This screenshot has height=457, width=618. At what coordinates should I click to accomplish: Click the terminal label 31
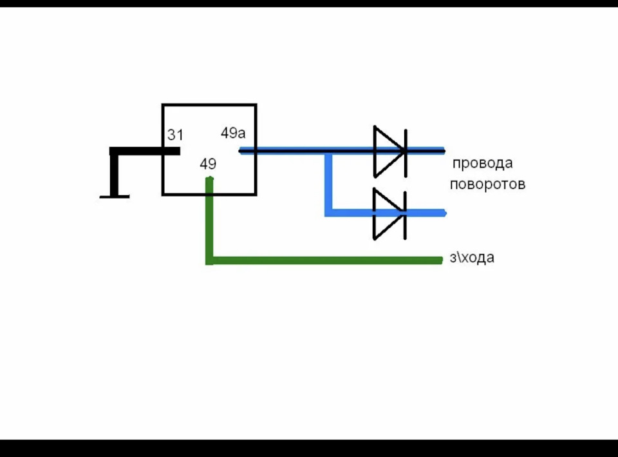click(x=175, y=135)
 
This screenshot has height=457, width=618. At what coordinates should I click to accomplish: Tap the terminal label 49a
click(x=233, y=133)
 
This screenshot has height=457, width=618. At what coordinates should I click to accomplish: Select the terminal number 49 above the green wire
click(x=208, y=163)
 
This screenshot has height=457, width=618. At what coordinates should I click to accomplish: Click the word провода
click(x=482, y=163)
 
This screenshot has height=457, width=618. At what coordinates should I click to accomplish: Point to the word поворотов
click(x=487, y=184)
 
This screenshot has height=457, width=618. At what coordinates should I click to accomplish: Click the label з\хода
click(x=472, y=258)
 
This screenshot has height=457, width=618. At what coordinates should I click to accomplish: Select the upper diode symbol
click(x=390, y=151)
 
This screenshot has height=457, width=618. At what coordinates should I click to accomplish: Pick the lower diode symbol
click(x=390, y=214)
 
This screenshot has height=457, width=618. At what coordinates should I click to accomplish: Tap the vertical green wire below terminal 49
click(x=210, y=221)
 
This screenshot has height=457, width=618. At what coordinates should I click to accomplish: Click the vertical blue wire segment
click(x=328, y=183)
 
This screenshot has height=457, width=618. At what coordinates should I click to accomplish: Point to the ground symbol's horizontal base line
click(x=115, y=197)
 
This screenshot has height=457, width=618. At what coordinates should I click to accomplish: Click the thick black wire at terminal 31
click(x=145, y=151)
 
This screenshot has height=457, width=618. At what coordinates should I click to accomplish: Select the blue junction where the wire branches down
click(x=328, y=151)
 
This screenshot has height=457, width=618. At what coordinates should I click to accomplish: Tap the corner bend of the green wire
click(x=210, y=260)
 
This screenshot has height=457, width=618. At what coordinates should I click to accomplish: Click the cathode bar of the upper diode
click(x=406, y=153)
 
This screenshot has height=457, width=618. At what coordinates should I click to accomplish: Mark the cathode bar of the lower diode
click(x=405, y=216)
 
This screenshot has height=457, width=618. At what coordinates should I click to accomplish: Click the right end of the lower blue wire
click(x=445, y=213)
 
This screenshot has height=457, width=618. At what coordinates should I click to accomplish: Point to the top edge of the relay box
click(x=209, y=104)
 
